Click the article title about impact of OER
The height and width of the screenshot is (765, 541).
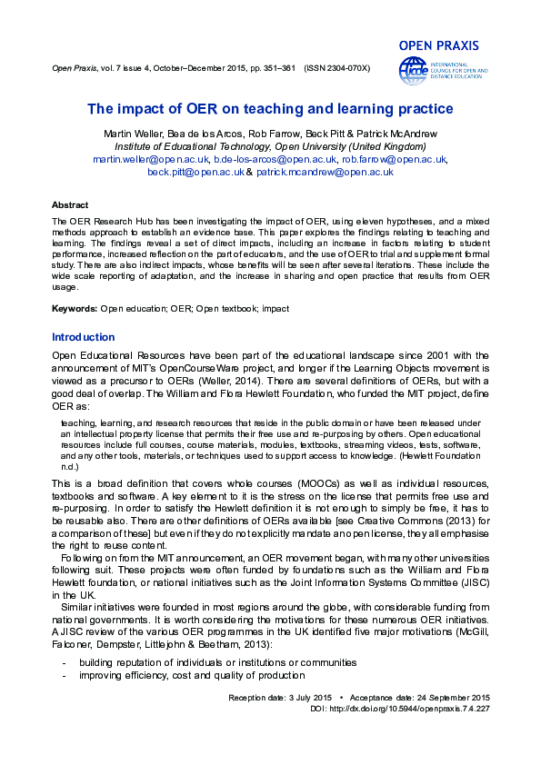(270, 110)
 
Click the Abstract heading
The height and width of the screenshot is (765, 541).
(70, 205)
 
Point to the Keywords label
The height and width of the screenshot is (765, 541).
(75, 309)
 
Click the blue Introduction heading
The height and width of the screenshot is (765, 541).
(83, 338)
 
